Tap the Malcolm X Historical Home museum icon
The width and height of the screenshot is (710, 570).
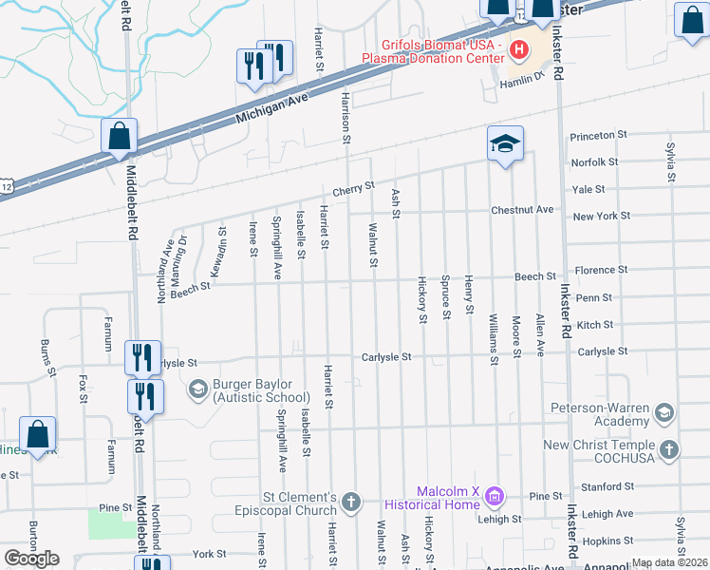pos(493,496)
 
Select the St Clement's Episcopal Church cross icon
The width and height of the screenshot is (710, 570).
pos(351,501)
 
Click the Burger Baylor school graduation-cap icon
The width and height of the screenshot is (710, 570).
pos(197,389)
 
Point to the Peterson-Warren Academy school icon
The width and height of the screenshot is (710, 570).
pos(664,411)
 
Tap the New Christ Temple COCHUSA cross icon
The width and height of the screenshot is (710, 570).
pos(668,450)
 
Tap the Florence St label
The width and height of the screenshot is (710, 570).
pos(600,271)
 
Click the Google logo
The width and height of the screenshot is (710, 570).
pos(31,559)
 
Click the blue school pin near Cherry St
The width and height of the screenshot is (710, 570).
pos(505,145)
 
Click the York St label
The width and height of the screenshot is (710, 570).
pos(208,554)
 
